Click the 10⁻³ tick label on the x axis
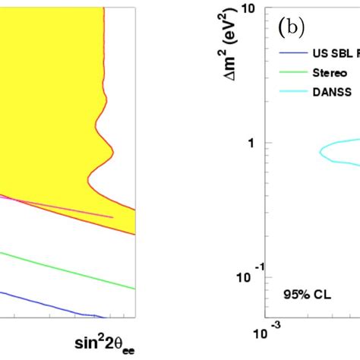tap(267, 332)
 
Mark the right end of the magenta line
tap(112, 216)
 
